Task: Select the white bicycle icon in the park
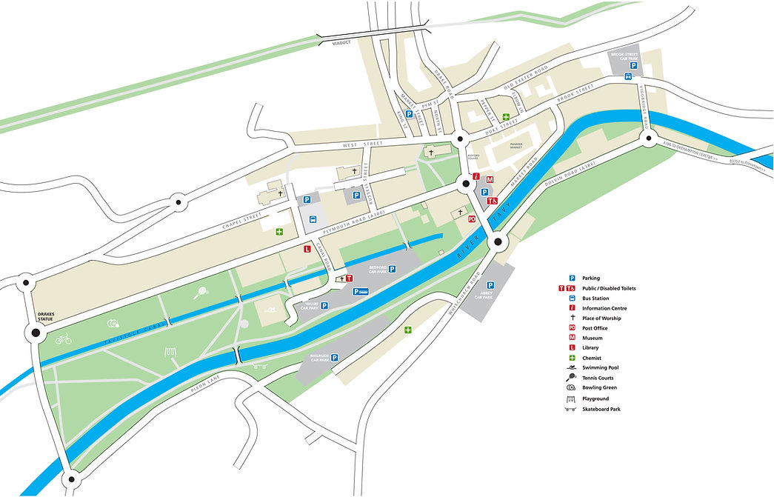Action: coord(63,339)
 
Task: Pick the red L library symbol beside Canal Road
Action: coord(307,250)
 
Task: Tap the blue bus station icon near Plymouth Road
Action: coord(313,219)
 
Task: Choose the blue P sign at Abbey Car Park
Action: coord(490,285)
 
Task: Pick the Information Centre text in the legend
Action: coord(602,308)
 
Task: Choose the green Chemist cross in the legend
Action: coord(572,358)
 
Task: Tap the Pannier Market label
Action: coord(516,146)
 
